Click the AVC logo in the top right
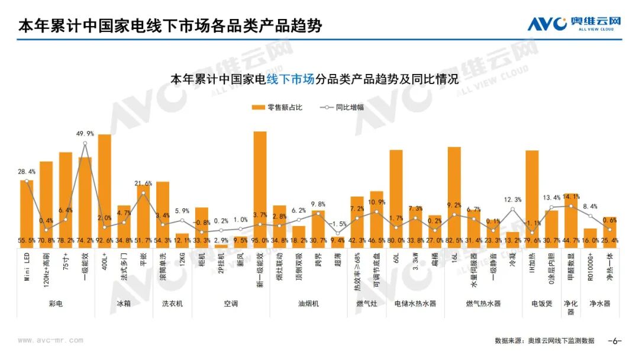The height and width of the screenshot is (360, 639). (574, 24)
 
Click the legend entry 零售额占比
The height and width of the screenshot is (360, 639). (277, 108)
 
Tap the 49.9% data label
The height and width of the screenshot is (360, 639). (85, 134)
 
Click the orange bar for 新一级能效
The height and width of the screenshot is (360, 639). (260, 184)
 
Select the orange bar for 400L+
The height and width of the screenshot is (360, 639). (105, 187)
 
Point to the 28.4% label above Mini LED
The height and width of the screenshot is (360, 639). (27, 172)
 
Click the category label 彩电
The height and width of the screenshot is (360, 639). (56, 304)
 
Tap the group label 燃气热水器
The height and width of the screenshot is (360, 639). (483, 304)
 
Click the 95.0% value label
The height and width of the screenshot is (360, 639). (260, 241)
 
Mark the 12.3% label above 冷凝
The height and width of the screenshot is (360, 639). (513, 200)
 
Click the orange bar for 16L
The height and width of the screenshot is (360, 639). (454, 192)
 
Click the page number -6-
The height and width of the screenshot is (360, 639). (615, 341)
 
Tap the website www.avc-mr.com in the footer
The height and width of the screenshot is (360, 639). (50, 341)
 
